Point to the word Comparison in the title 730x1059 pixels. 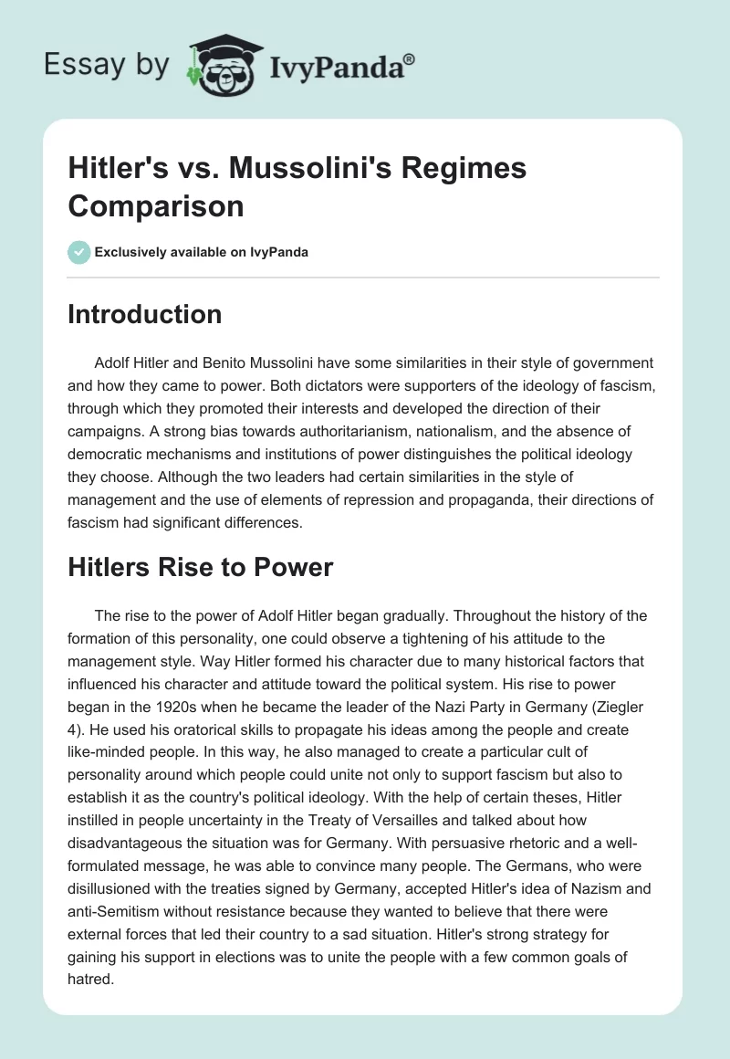156,206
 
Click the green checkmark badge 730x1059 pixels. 78,252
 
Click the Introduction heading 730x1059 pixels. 144,315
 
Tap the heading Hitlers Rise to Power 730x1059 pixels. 201,568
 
